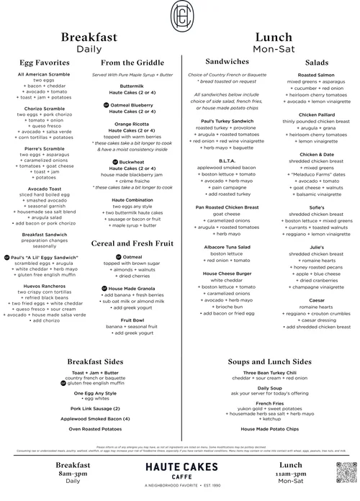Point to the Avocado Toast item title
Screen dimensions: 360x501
(x=40, y=189)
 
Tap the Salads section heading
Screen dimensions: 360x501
(x=317, y=63)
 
